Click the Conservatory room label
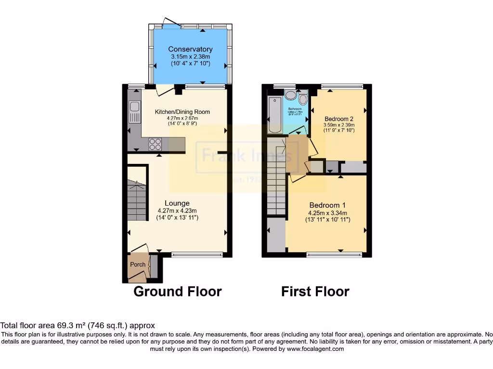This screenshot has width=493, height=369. pos(190,49)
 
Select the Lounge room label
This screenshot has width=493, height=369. pos(177,203)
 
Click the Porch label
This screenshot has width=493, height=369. pos(138,265)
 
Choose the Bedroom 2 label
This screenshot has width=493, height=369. pos(339,119)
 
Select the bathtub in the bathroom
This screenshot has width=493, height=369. pos(274,114)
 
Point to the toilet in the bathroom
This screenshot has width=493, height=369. pos(303,99)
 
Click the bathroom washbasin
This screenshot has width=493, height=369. pos(290,95)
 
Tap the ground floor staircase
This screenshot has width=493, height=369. pos(137,200)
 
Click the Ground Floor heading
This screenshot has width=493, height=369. pos(177,291)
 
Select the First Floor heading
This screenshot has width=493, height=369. pos(315,291)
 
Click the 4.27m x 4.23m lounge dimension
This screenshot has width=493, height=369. pos(177,210)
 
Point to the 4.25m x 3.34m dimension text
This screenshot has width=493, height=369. pos(327,213)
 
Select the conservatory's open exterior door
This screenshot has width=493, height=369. pos(170,22)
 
